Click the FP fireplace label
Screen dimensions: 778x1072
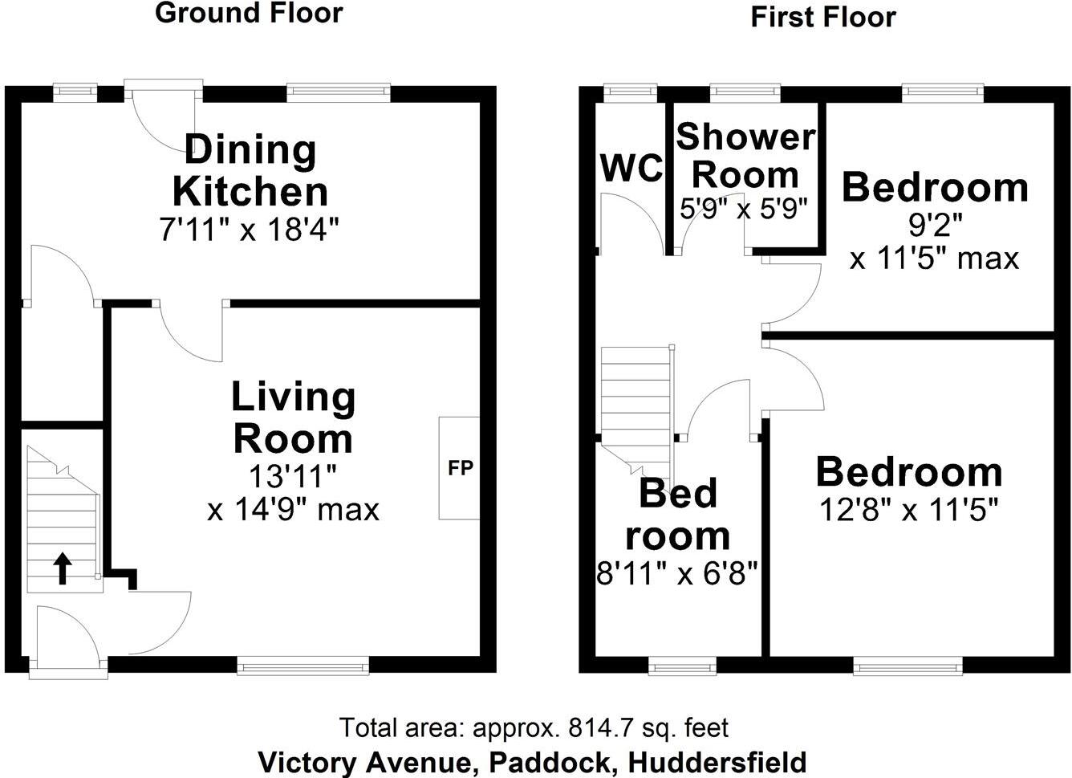[x=461, y=467]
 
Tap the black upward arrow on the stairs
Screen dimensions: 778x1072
[x=61, y=568]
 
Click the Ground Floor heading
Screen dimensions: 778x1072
[x=249, y=14]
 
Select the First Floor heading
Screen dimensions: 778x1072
[x=822, y=17]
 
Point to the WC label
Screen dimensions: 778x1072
[x=631, y=169]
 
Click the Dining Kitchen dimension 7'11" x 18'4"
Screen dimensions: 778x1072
[x=249, y=231]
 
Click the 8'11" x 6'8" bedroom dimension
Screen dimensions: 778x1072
[x=677, y=573]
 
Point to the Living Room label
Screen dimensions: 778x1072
[x=293, y=418]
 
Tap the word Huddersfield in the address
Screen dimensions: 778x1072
[x=717, y=761]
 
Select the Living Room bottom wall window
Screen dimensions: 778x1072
[x=303, y=664]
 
